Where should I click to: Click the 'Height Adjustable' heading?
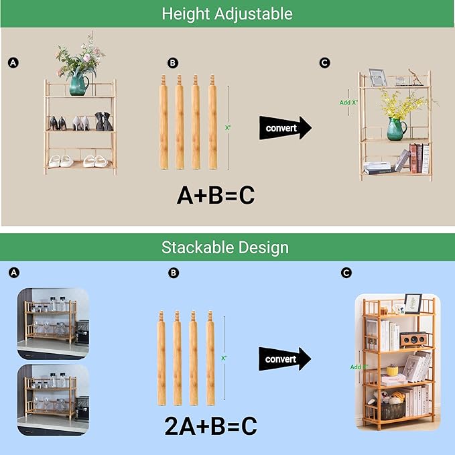click(227, 13)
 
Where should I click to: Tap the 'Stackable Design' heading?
click(225, 247)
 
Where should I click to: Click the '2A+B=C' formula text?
click(211, 426)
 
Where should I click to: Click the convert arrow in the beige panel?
click(285, 127)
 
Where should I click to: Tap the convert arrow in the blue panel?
click(285, 359)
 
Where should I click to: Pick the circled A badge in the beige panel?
click(13, 63)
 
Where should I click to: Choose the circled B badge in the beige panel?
click(173, 63)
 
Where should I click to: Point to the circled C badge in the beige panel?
click(325, 63)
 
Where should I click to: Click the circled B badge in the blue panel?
click(174, 273)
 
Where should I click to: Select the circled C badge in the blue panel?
click(346, 273)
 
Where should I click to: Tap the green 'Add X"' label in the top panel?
click(348, 103)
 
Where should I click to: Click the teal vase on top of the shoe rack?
click(78, 84)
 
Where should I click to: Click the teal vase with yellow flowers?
click(396, 128)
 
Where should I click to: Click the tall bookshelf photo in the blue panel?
click(397, 363)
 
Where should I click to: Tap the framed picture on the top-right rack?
click(378, 78)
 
